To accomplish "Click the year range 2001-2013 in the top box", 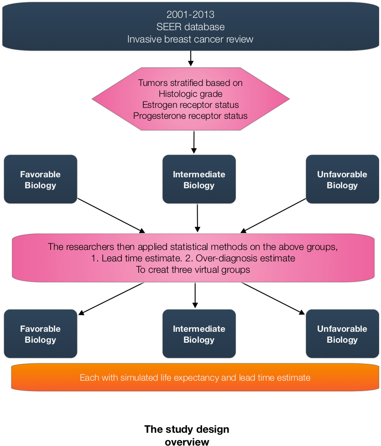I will point(190,15).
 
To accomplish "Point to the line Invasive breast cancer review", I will point(190,39).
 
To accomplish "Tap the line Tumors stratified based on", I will point(190,83).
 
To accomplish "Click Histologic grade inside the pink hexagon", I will point(190,94).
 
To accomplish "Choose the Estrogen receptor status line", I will point(190,105).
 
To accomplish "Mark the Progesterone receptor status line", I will point(190,116).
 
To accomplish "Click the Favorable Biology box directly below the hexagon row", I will point(40,180).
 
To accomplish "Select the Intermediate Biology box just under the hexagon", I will point(199,180).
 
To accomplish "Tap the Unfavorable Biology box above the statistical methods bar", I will point(342,180).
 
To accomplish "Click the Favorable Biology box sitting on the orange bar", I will point(40,334).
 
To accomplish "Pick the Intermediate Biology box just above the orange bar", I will point(199,334).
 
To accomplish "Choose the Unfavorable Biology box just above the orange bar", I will point(342,334).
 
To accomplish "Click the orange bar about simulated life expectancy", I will point(195,378).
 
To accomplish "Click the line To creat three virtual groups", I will point(193,270).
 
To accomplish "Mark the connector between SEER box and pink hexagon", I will point(191,58).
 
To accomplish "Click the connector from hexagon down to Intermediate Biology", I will point(195,143).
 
